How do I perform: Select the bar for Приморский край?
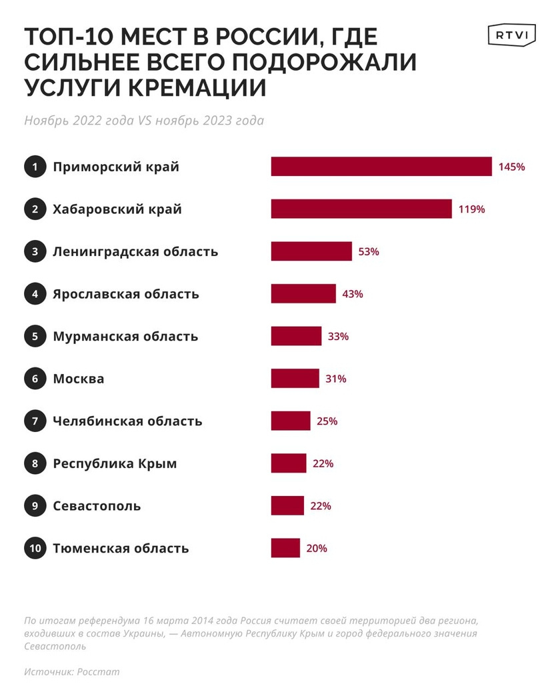tap(381, 167)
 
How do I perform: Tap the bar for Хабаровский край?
tap(361, 209)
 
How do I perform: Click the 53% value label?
tap(369, 251)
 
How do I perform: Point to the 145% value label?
tap(512, 167)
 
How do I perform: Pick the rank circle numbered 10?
tap(34, 548)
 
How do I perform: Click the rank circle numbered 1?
tap(34, 167)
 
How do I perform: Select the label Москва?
tap(79, 379)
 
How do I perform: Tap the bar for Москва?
tap(295, 379)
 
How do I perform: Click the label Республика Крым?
tap(115, 463)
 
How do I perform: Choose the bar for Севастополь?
tap(287, 505)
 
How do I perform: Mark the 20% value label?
tap(317, 548)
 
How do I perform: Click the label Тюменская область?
tap(121, 548)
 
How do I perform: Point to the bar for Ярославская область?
tap(303, 293)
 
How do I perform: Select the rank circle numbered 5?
tap(34, 336)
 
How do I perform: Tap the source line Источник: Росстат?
tap(72, 671)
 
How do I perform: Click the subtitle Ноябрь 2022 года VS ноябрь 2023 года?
tap(144, 121)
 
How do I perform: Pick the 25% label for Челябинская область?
tap(327, 421)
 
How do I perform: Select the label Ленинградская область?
tap(135, 251)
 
